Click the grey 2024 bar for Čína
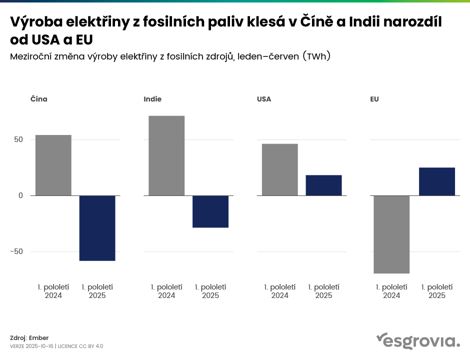(x=53, y=165)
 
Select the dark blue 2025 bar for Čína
(x=97, y=228)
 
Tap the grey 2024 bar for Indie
(x=166, y=155)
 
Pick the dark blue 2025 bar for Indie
(x=210, y=211)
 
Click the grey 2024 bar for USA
(x=280, y=169)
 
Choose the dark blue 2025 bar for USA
(x=323, y=185)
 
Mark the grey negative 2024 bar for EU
(x=391, y=234)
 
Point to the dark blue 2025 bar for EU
(x=437, y=181)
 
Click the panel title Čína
(x=39, y=99)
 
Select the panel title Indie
(x=152, y=99)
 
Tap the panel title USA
(x=264, y=99)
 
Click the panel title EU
(x=374, y=99)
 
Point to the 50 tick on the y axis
(x=18, y=139)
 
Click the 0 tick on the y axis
(x=21, y=195)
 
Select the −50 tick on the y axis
(x=17, y=251)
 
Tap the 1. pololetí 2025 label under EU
(x=437, y=291)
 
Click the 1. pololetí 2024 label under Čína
(x=53, y=291)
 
